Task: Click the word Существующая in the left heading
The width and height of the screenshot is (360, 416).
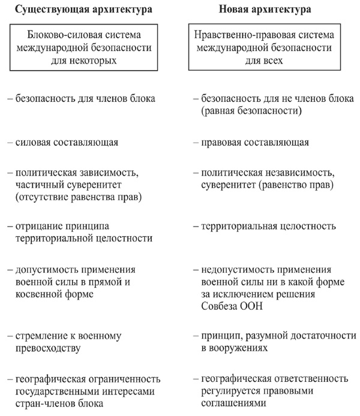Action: point(46,10)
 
